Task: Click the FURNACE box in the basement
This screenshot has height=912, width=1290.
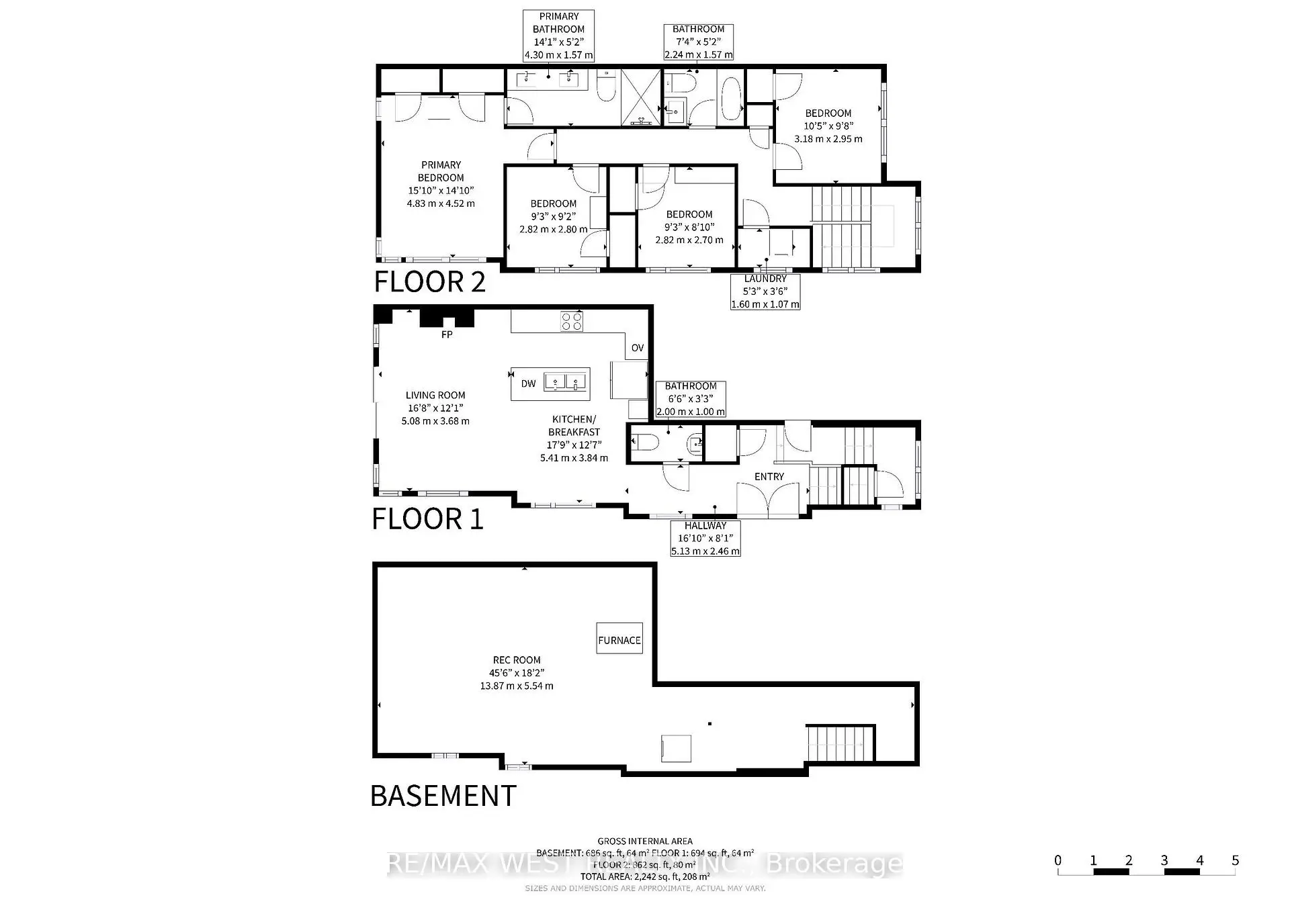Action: (x=619, y=639)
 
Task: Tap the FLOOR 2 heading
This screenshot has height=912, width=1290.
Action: (x=429, y=281)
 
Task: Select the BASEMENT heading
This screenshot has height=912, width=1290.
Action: (x=443, y=796)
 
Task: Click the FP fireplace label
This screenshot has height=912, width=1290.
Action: (x=447, y=334)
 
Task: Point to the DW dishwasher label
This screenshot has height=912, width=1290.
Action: (x=529, y=383)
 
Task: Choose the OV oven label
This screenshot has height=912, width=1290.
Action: (x=638, y=348)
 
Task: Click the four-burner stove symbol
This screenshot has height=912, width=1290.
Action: (x=572, y=322)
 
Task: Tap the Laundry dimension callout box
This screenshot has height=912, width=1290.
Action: (x=765, y=291)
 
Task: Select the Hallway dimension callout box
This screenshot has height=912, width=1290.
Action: (x=705, y=539)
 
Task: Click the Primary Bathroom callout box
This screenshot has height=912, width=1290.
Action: (x=558, y=36)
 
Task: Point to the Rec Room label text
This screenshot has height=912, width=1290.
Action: (x=515, y=672)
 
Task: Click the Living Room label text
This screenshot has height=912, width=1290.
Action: (x=435, y=408)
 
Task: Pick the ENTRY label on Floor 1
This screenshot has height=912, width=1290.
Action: (x=769, y=476)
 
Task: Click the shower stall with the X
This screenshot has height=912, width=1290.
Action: (x=640, y=97)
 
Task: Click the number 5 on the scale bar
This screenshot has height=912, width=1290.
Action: (x=1235, y=860)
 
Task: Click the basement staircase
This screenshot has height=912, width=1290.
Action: (x=841, y=743)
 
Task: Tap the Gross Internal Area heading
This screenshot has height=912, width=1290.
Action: (x=645, y=841)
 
